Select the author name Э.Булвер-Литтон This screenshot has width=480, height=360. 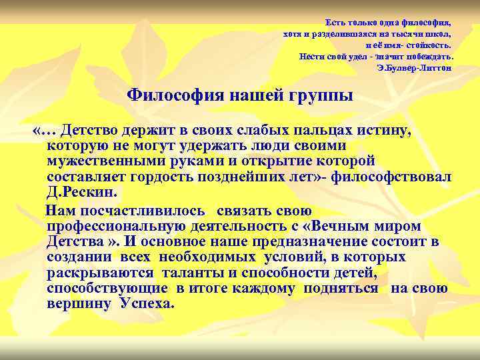(x=413, y=67)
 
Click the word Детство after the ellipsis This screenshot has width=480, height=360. (x=98, y=131)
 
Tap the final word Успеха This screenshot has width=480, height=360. (x=147, y=303)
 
